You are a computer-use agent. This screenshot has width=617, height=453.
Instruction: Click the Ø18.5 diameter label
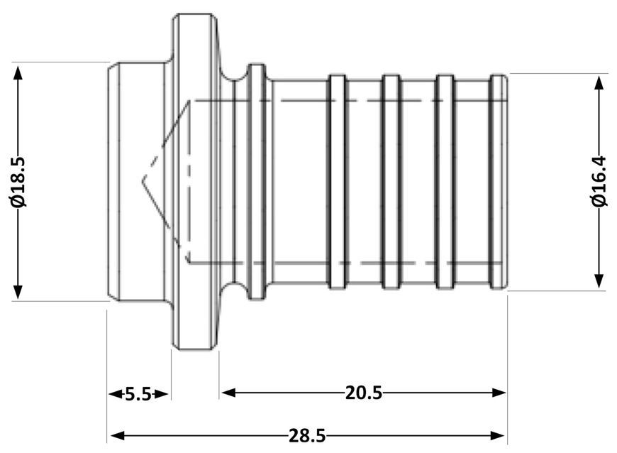(18, 182)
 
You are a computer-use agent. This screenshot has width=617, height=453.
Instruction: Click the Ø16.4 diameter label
(599, 181)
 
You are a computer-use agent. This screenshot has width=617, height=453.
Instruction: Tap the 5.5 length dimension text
(138, 393)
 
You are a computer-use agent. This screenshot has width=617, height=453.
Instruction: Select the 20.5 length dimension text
(364, 393)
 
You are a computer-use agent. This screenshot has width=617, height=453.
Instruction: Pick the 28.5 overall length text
(307, 436)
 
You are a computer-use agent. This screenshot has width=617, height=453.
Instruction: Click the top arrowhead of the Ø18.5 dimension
(18, 73)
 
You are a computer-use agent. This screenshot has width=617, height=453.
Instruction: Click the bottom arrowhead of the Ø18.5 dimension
(18, 292)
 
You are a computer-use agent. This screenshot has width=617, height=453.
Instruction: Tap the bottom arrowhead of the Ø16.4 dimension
(599, 281)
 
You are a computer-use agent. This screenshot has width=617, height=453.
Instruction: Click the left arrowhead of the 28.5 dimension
(117, 435)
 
